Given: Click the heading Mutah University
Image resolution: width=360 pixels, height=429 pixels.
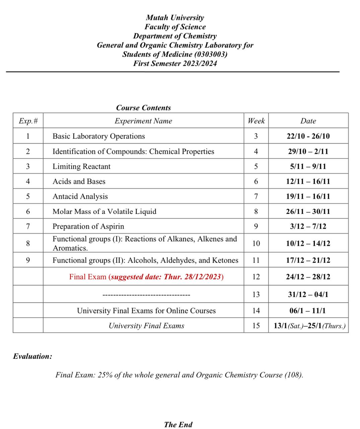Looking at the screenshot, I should pos(175,18).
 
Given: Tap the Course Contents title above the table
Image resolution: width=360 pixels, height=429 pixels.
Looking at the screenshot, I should pos(143,108).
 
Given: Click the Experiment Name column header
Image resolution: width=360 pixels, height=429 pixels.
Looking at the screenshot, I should pos(143,121).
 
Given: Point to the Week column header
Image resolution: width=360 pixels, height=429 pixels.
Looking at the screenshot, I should pos(256,121).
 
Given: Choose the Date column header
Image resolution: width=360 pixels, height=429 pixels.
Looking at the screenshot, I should pos(308,121).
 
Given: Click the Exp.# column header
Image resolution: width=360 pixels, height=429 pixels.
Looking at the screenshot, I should pos(28,121).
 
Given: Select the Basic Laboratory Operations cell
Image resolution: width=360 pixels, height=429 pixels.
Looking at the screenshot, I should pos(99,136).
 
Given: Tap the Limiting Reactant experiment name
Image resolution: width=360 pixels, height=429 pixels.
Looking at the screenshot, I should pos(81,167).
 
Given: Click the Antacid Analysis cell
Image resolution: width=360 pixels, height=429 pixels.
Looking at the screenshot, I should pos(80,196).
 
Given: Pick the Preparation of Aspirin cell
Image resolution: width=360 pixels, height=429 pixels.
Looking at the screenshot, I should pos(88,227).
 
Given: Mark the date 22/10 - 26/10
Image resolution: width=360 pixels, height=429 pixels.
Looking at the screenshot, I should pos(308,136).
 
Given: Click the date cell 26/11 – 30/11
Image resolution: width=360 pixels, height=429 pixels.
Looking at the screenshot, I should pos(308,211).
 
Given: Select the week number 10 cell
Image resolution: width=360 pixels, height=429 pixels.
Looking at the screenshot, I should pos(256,243).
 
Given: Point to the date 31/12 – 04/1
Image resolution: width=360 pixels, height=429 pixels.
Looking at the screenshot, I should pos(308,295).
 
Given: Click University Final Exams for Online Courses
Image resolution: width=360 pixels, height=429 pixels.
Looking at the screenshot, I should pos(146,311).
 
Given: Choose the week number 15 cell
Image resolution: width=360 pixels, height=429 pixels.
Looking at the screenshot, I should pos(256,326).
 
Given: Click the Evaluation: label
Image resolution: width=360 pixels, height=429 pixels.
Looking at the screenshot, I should pos(33,356).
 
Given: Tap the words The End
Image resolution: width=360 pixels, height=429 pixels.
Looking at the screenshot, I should pos(178,425).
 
